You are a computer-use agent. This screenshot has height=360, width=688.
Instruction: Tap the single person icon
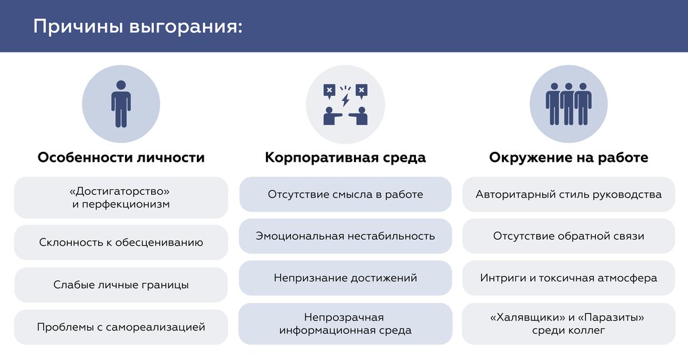(x=121, y=104)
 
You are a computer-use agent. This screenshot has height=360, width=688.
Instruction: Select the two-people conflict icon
(x=345, y=105)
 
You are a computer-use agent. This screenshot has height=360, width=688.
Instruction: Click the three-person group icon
(x=568, y=104)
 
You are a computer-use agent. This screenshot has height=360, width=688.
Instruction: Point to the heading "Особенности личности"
(x=121, y=158)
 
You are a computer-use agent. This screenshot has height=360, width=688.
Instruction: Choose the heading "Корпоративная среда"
(x=345, y=158)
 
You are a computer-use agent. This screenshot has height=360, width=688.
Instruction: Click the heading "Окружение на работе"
(x=568, y=158)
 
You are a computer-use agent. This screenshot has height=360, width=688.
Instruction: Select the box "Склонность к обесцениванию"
(x=121, y=242)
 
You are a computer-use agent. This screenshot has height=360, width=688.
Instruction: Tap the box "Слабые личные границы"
(x=121, y=285)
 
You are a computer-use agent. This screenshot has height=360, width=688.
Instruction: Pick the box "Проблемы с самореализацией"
(x=121, y=327)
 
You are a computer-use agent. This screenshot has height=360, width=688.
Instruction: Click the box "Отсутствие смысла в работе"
(x=345, y=195)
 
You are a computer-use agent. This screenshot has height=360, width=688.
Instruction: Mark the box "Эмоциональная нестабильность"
(x=345, y=236)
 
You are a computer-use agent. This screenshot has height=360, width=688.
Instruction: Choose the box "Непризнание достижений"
(x=345, y=277)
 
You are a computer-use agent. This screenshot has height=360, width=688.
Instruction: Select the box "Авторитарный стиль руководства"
(x=568, y=195)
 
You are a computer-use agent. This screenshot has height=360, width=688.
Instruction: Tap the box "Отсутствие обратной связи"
(x=568, y=236)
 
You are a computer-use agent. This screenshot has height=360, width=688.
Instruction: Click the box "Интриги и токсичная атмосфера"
(x=568, y=277)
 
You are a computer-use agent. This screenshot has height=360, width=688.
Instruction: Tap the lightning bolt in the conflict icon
(x=345, y=99)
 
